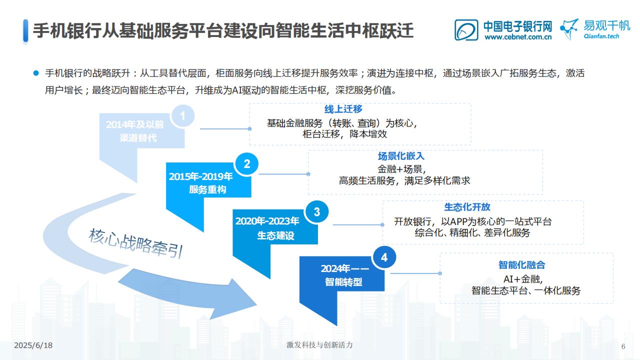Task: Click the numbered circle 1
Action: coord(182,116)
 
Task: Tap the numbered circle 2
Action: coord(246,164)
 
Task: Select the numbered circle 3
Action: coord(316,211)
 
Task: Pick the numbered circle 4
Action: coord(384,257)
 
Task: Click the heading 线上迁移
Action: coord(343,109)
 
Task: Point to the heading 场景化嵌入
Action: coord(401,156)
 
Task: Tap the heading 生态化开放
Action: coord(467,207)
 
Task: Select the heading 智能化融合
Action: coord(521,265)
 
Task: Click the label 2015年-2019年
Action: coord(201,176)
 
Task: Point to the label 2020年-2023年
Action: coord(267,221)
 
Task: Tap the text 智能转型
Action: coord(343,282)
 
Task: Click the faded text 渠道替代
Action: coord(138,138)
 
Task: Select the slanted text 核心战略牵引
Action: coord(135,243)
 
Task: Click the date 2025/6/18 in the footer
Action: coord(33,345)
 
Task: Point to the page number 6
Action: coord(623,346)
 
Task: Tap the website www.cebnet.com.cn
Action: coord(518,37)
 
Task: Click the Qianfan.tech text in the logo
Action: coord(601,36)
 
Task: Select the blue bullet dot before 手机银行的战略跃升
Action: coord(36,73)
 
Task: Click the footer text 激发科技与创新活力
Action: coord(319,345)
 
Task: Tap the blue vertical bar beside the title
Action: coord(25,30)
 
